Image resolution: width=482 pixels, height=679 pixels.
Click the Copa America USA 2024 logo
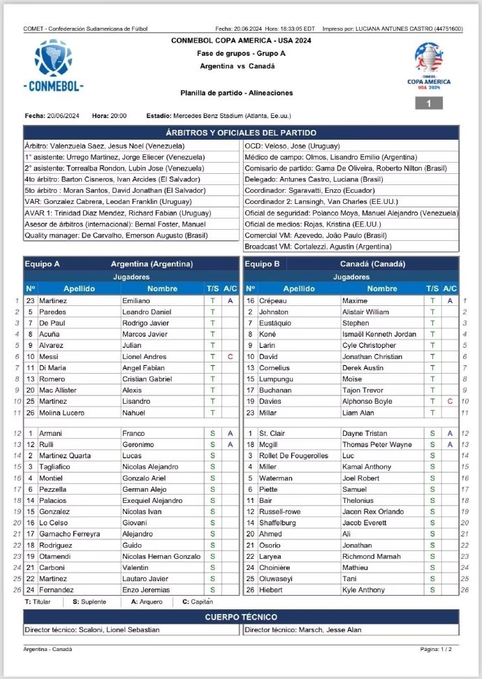(429, 66)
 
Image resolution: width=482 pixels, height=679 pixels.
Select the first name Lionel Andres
(145, 356)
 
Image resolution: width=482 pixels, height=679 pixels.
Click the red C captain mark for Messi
(230, 356)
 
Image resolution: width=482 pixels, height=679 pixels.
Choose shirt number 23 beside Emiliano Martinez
(30, 300)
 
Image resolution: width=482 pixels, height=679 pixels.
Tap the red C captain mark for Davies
(450, 401)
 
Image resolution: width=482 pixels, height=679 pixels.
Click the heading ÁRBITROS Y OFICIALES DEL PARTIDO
(241, 133)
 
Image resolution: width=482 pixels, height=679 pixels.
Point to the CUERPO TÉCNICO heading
(241, 617)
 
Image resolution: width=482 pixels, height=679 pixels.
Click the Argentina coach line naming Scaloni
(92, 629)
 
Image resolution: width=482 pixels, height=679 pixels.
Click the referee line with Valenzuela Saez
(105, 146)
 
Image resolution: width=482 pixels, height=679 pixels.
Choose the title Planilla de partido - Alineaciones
(236, 93)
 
